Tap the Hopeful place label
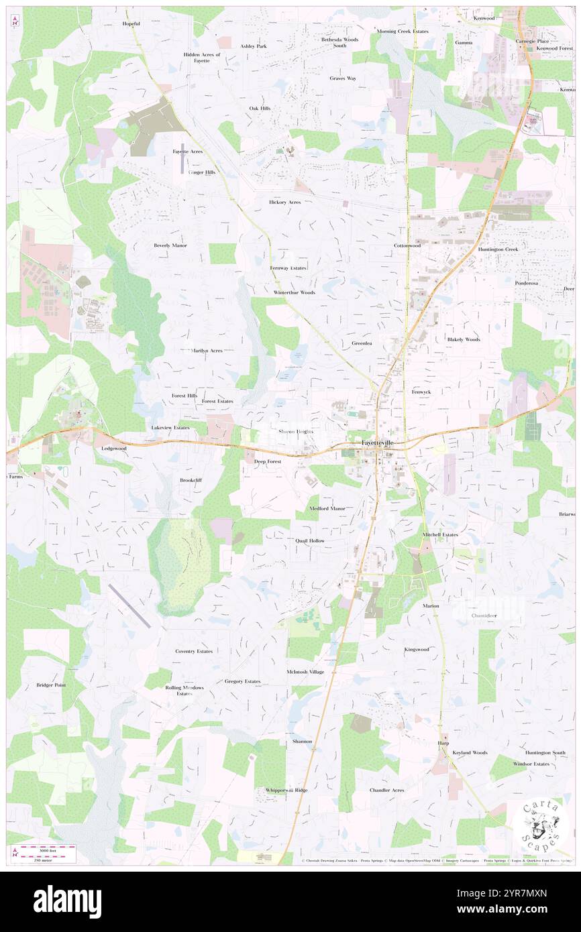131,23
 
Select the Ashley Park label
254,46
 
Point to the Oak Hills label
260,108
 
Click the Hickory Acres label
285,202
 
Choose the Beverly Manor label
170,245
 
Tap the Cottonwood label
407,245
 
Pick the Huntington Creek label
498,249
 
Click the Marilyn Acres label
207,351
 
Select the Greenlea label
362,343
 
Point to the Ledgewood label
113,448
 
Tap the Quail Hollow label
310,540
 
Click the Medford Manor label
327,509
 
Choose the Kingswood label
417,650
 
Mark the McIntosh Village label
305,672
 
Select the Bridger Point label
51,685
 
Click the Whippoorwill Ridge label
286,791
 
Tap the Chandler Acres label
387,791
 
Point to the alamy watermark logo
67,900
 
